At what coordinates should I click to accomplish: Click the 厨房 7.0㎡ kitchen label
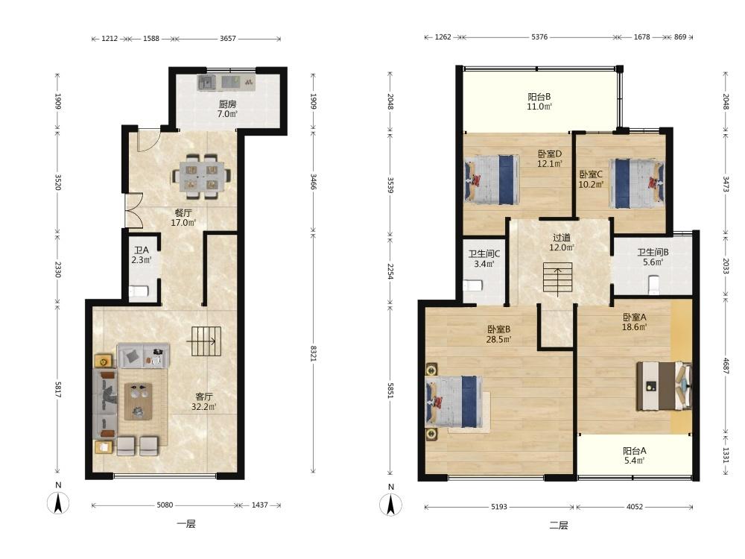[227, 109]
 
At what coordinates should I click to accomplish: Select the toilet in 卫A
[139, 291]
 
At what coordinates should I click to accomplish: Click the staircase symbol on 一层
[206, 341]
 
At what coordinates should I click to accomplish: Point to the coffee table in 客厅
[139, 402]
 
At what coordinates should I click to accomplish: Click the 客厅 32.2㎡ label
[204, 402]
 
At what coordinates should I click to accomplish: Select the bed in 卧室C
[637, 183]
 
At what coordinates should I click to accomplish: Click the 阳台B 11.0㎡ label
[539, 101]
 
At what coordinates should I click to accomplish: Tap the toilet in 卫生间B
[653, 285]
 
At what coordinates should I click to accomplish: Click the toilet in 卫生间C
[473, 285]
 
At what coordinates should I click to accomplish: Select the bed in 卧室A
[664, 386]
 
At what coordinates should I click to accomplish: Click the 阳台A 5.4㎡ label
[634, 455]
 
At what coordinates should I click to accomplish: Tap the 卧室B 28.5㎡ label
[498, 334]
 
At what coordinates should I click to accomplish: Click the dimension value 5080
[165, 505]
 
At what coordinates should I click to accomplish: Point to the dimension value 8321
[313, 353]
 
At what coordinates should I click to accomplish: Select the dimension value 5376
[539, 37]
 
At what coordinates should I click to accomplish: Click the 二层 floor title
[559, 525]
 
